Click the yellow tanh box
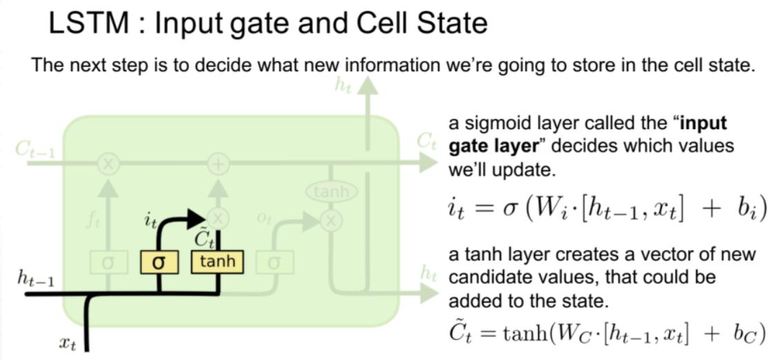[x=217, y=261]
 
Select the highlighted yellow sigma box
[x=160, y=263]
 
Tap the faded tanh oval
[x=331, y=192]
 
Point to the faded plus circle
[x=218, y=164]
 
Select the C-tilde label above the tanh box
[x=206, y=239]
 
